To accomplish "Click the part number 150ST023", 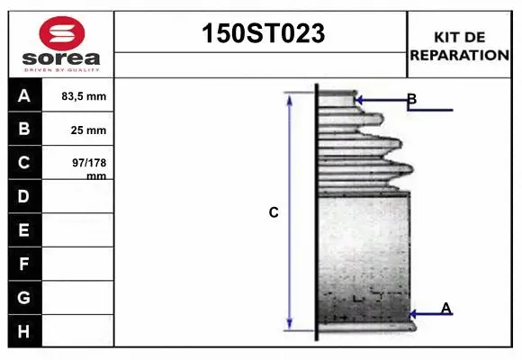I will click(261, 33).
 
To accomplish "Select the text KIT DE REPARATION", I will click(459, 45).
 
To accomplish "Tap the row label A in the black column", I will click(24, 95).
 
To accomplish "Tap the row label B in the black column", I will click(24, 129).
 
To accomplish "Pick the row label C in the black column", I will click(24, 163).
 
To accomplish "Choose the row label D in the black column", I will click(24, 196).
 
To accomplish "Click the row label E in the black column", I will click(24, 230).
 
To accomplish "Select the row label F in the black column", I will click(24, 264).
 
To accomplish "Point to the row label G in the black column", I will click(24, 297).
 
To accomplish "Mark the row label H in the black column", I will click(24, 331).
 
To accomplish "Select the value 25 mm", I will click(88, 130).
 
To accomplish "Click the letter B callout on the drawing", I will click(411, 99).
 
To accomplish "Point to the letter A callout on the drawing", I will click(445, 309).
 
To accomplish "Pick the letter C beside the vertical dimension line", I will click(274, 213).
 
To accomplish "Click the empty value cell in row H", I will click(77, 331).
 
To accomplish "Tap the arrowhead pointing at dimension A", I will click(413, 314).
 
